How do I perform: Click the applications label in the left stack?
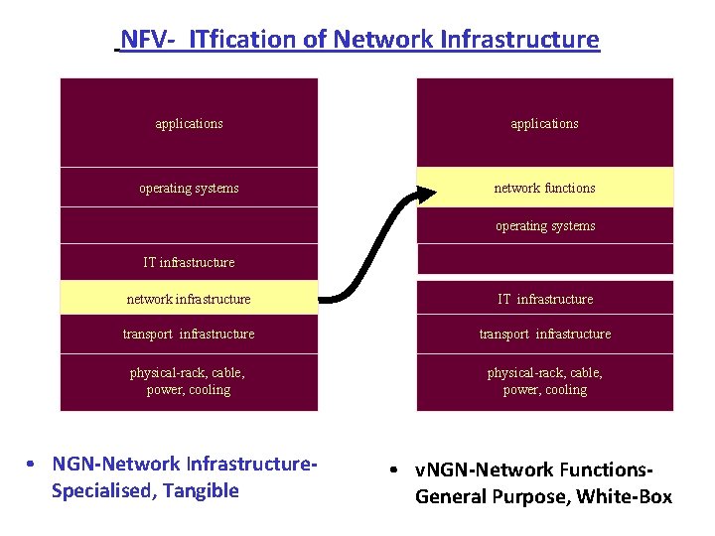click(189, 124)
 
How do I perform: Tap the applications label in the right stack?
click(544, 124)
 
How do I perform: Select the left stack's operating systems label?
click(189, 189)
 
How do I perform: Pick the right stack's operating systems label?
click(545, 226)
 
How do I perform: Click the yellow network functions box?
click(544, 188)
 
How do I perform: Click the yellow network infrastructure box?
click(189, 299)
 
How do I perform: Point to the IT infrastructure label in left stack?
click(189, 263)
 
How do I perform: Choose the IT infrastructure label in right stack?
click(545, 299)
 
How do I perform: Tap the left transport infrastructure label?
click(189, 335)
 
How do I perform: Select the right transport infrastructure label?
click(545, 335)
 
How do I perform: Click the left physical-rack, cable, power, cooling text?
click(189, 381)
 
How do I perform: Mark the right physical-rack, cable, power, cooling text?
click(545, 381)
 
